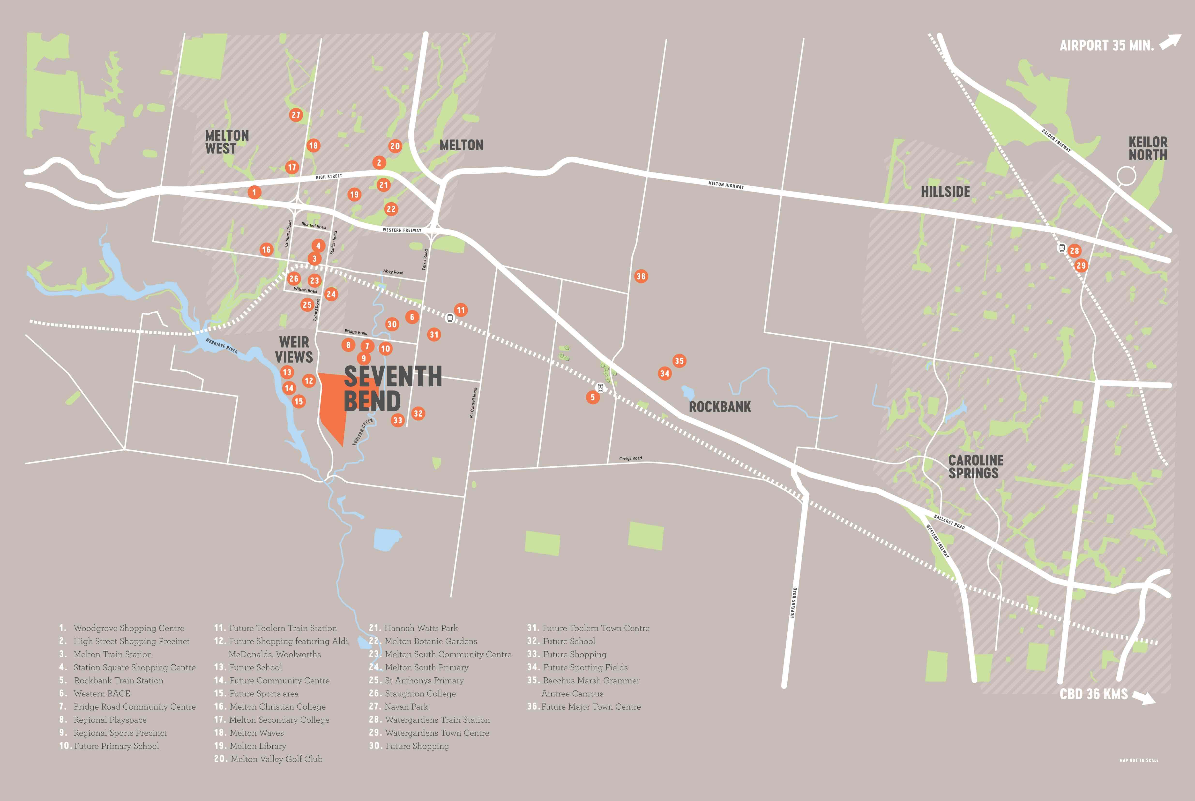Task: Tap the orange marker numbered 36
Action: (640, 276)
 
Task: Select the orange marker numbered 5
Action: (592, 397)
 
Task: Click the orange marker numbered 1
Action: (254, 193)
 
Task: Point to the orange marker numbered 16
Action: (266, 249)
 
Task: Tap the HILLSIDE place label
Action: (945, 191)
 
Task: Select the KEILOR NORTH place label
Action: (1147, 148)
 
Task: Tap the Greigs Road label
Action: (630, 458)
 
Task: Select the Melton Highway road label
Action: (726, 185)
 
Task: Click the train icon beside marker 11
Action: (450, 318)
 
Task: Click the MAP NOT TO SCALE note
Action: (1139, 760)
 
